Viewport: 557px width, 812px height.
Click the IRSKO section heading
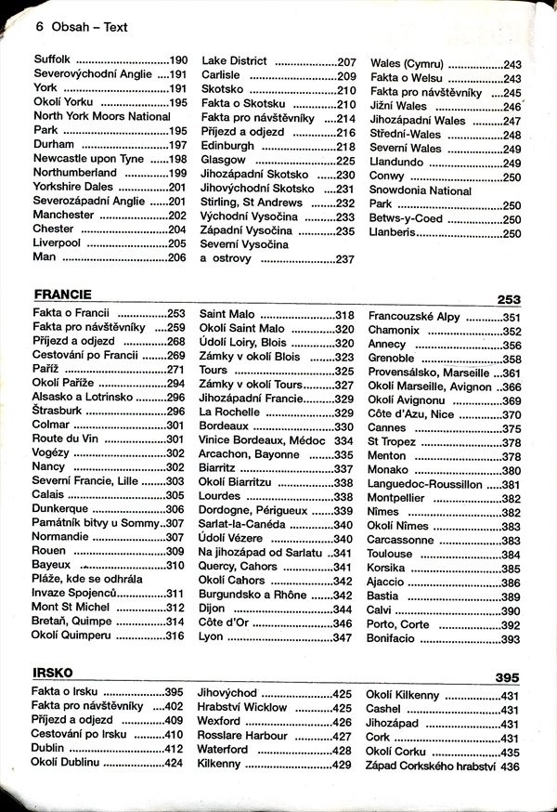tap(52, 673)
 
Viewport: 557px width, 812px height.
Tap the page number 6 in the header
tap(39, 27)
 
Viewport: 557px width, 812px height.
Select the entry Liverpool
tap(60, 243)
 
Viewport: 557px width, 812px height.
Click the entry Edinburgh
tap(227, 146)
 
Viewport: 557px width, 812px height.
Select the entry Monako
tap(391, 470)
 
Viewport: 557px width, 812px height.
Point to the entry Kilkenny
tap(219, 764)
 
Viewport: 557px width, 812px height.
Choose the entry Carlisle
tap(221, 75)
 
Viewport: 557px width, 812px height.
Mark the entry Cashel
tap(382, 709)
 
